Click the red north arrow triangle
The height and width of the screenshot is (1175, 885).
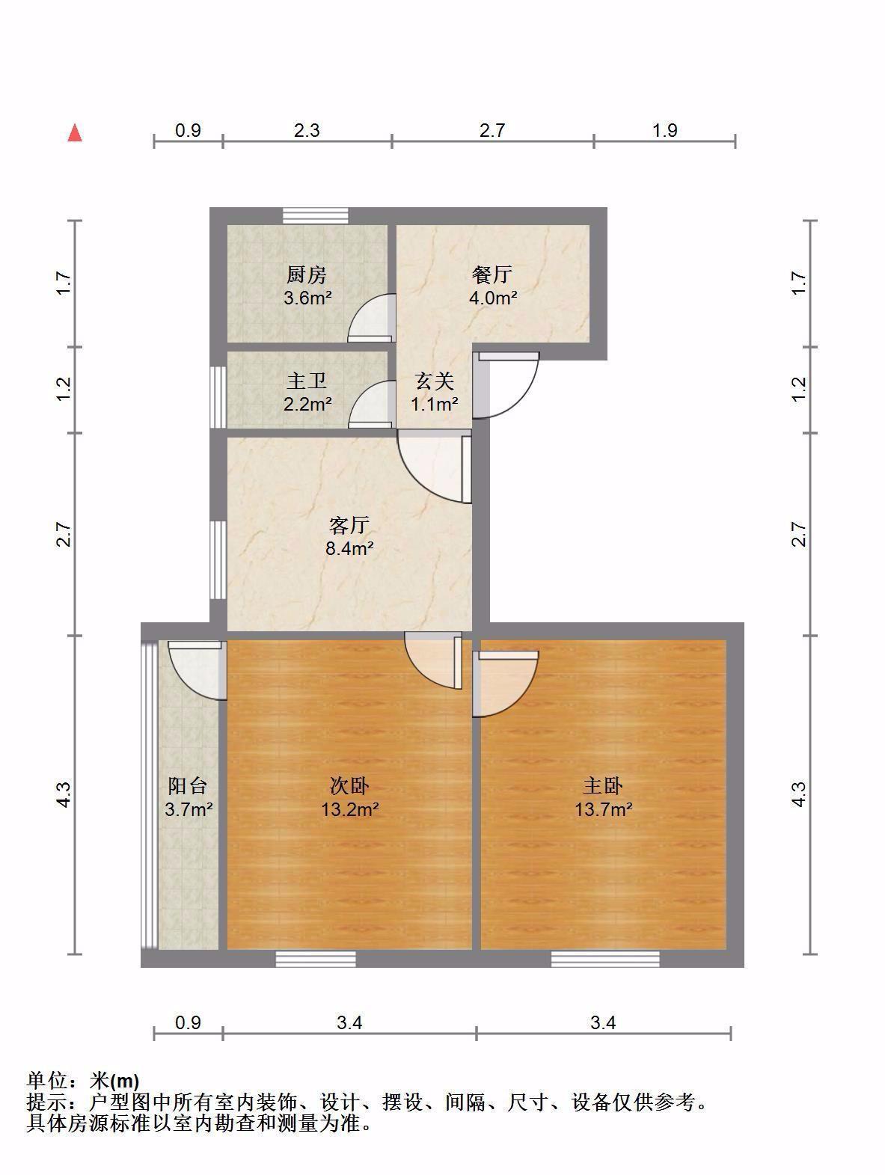coord(75,132)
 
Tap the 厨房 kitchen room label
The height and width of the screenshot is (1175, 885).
coord(306,275)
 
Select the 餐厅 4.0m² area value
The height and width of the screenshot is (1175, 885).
coord(492,298)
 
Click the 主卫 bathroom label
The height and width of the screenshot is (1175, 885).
coord(306,381)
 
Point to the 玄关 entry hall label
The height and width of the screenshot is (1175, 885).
coord(434,381)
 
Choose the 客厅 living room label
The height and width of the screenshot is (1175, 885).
coord(349,526)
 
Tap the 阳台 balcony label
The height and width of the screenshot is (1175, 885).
coord(188,786)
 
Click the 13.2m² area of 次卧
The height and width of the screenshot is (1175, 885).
coord(349,809)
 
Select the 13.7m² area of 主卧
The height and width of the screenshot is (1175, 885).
coord(604,809)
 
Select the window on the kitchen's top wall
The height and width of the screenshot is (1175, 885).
coord(316,215)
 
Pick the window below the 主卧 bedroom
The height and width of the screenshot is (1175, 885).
coord(605,959)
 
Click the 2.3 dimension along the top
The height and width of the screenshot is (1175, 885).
coord(307,130)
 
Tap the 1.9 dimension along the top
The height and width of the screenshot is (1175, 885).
coord(665,130)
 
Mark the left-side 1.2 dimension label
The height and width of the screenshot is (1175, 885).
coord(64,389)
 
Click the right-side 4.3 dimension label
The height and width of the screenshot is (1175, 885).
coord(797,795)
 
